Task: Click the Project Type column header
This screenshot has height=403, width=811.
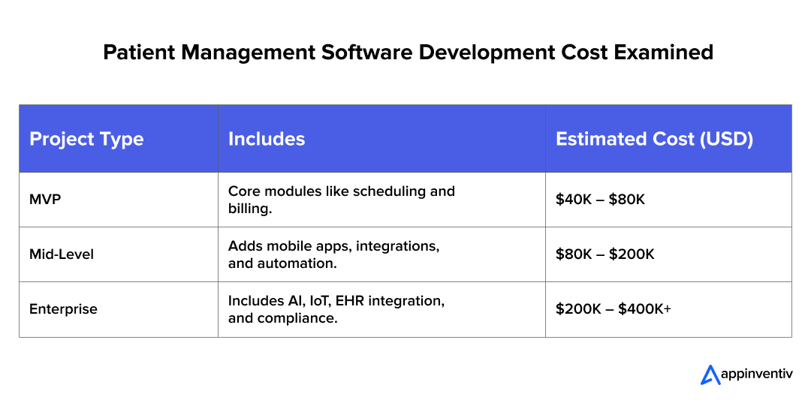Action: tap(86, 139)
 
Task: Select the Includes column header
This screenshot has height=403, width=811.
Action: tap(267, 139)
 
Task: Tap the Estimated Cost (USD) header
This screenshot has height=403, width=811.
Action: tap(654, 139)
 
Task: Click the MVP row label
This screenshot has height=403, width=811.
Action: tap(45, 200)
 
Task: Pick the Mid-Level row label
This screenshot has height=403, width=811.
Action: tap(62, 254)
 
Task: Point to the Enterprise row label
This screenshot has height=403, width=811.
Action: tap(63, 309)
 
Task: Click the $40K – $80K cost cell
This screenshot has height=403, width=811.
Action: tap(601, 200)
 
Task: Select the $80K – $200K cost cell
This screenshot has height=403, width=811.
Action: tap(605, 254)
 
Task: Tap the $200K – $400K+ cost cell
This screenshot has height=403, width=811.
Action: tap(614, 309)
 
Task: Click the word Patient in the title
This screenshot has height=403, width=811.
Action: tap(134, 53)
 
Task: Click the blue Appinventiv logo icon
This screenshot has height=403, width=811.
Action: tap(710, 374)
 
